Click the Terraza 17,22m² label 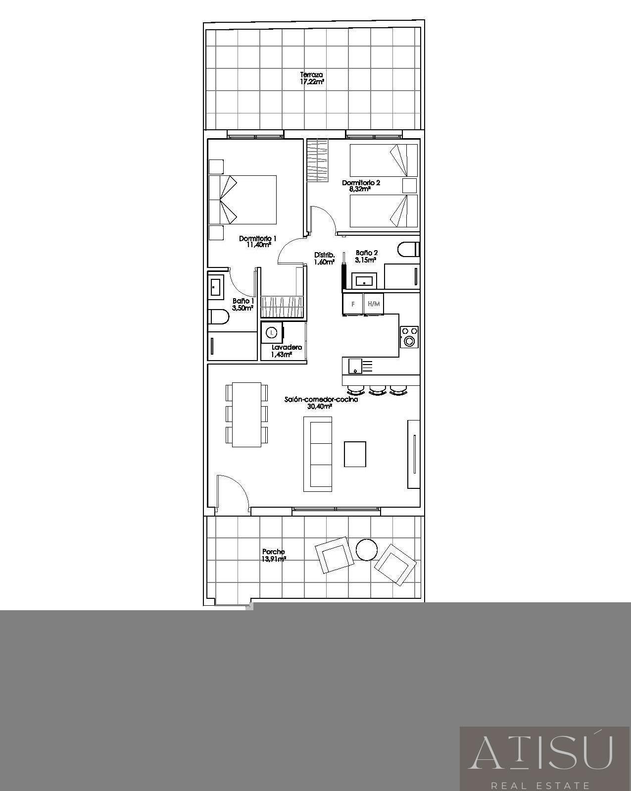[x=311, y=78]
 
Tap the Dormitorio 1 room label [x=257, y=242]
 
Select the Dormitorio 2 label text [x=361, y=186]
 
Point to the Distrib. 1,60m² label [x=324, y=258]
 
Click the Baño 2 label [x=366, y=256]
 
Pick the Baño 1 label [x=243, y=304]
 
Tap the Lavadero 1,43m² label [x=286, y=351]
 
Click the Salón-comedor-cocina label [x=321, y=403]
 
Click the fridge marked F [x=352, y=304]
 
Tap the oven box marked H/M [x=374, y=304]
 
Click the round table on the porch [x=366, y=549]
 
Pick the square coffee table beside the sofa [x=355, y=454]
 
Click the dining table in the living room [x=246, y=415]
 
